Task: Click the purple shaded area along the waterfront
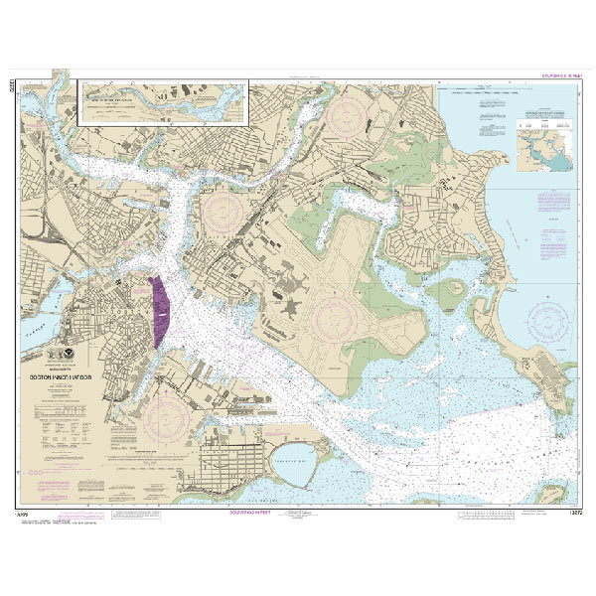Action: coord(158,311)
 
